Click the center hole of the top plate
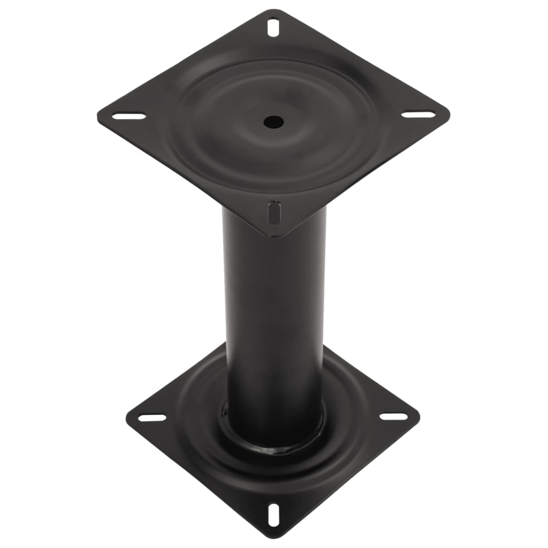click(273, 121)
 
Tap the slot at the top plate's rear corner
click(273, 27)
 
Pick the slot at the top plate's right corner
click(418, 114)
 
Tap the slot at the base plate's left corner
click(152, 417)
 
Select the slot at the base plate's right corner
click(394, 416)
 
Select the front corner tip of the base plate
click(273, 537)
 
